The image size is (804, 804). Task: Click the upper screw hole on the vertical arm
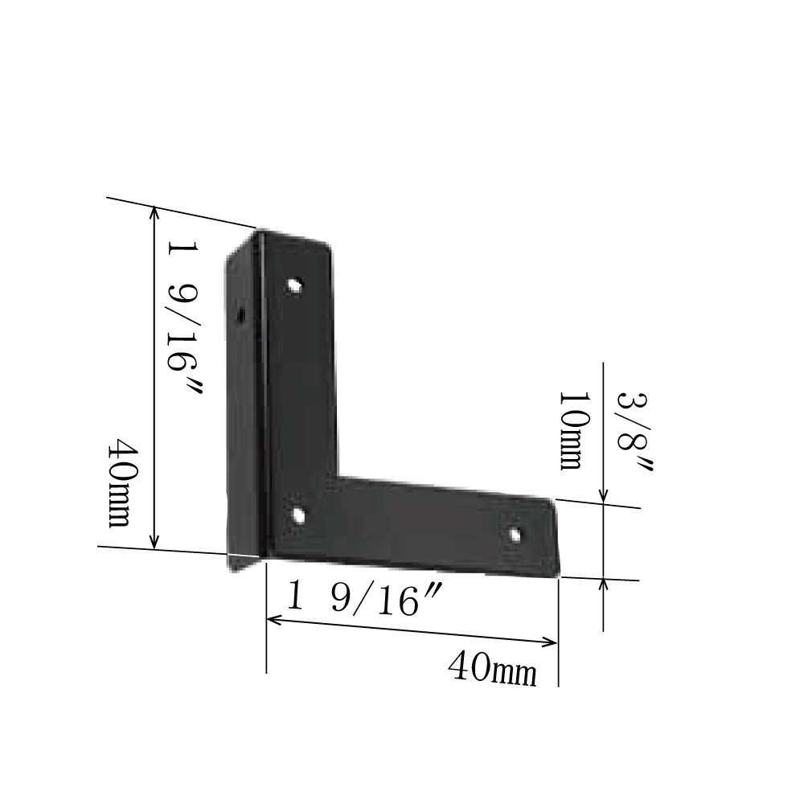[295, 285]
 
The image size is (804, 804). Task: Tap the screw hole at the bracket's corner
[298, 515]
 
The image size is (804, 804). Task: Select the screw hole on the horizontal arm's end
[515, 535]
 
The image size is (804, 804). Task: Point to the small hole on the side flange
[240, 314]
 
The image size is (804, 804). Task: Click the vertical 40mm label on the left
[119, 483]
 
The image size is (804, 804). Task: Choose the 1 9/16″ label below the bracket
[363, 598]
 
